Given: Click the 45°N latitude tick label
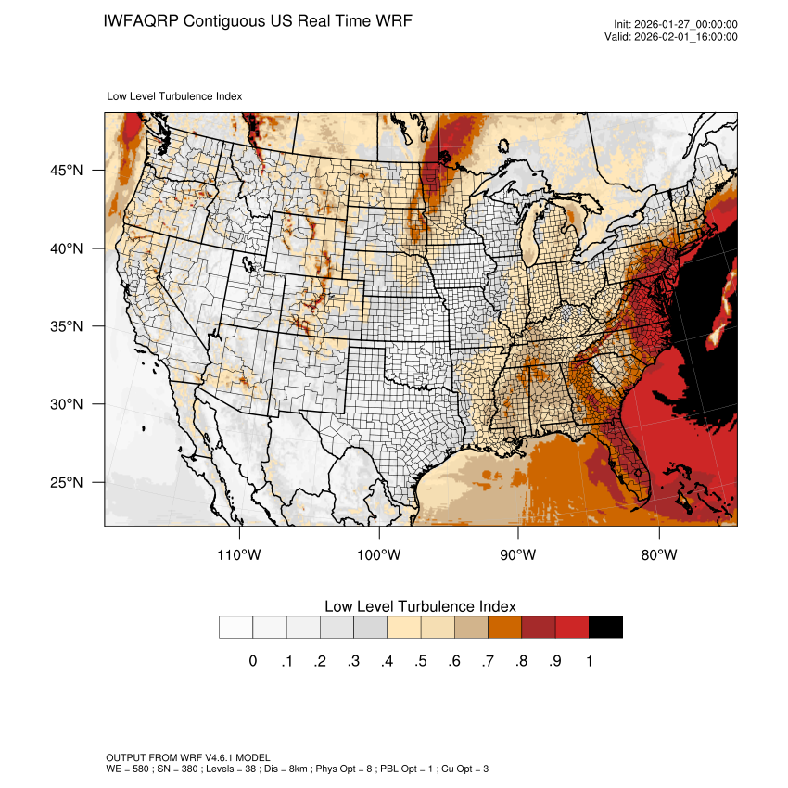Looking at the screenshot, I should point(67,171).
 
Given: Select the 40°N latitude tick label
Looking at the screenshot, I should point(67,248).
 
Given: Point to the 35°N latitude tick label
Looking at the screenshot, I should point(67,326).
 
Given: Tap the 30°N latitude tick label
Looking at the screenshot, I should point(67,404).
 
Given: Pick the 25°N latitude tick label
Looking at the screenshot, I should point(67,482).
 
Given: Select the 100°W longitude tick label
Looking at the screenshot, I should point(379,554).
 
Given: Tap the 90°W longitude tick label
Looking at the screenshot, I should point(518,554).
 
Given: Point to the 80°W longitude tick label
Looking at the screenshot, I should point(658,554).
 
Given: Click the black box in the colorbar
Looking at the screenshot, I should point(605,627).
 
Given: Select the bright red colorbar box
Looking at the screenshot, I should point(572,627).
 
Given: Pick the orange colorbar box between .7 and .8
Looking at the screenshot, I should point(504,627).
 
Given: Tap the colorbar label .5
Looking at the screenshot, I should point(420,661).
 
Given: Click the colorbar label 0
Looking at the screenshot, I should point(252,661).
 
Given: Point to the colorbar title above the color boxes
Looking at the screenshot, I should point(420,605).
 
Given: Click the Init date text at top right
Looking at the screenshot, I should point(676,24).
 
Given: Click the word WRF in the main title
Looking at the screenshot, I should point(392,20).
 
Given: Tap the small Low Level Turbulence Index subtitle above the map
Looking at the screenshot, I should point(175,95).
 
